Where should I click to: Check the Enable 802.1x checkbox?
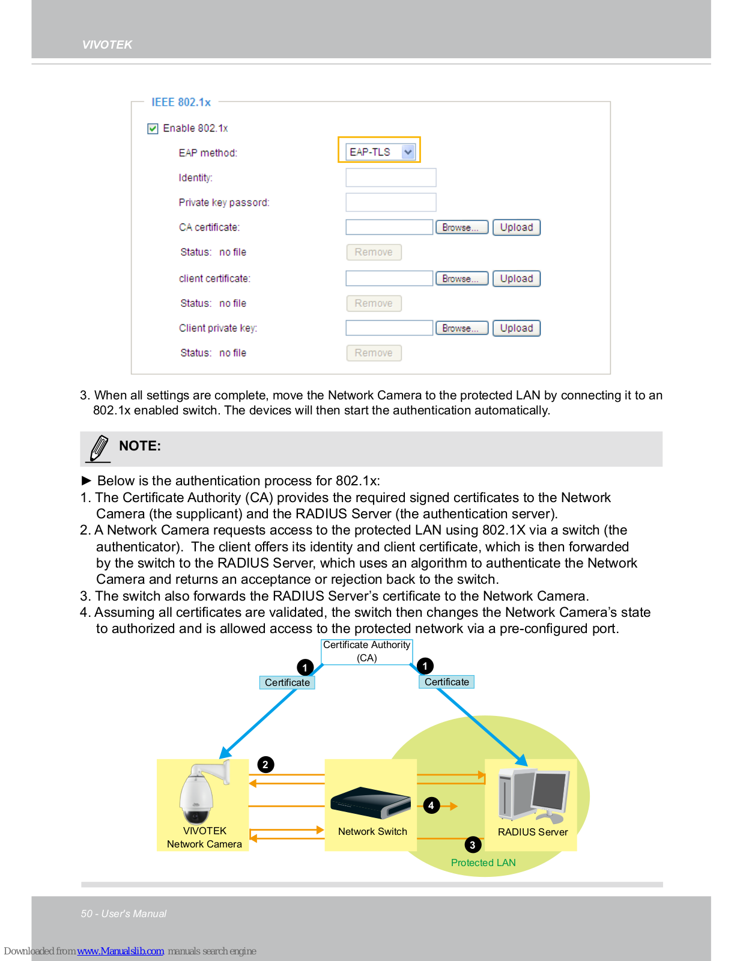coord(153,129)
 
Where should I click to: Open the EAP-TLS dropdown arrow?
coord(408,152)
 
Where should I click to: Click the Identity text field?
coord(390,178)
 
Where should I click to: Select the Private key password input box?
coord(390,202)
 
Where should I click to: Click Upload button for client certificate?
coord(516,279)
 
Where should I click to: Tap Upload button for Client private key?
coord(516,329)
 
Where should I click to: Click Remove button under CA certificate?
coord(374,252)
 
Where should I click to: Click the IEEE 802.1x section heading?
coord(181,103)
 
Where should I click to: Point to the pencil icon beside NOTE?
coord(99,449)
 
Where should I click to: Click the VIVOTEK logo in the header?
coord(107,45)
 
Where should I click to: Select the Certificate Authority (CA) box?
coord(366,652)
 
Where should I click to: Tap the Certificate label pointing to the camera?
coord(287,683)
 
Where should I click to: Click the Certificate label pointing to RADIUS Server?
coord(446,682)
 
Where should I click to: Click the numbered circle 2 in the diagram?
coord(265,765)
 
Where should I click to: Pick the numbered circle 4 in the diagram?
coord(431,805)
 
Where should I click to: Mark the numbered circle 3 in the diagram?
coord(473,844)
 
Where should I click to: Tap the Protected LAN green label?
coord(483,863)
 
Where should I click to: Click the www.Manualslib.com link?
coord(120,951)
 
